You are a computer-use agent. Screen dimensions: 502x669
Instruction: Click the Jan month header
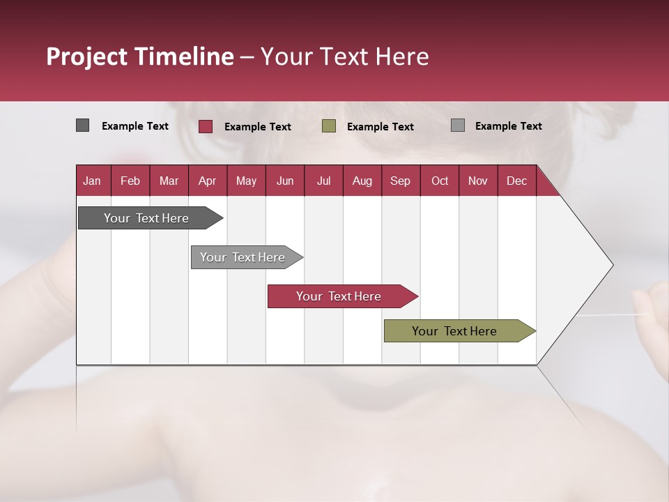tap(92, 181)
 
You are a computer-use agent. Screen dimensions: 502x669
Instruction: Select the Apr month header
tap(207, 181)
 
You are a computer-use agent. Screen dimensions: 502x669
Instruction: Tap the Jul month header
tap(323, 181)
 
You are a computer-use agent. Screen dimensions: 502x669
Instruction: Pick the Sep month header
tap(400, 181)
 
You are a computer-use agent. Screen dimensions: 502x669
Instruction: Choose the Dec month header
tap(516, 181)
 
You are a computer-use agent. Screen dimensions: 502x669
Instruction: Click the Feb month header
tap(130, 181)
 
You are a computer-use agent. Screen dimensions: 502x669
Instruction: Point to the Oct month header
tap(440, 181)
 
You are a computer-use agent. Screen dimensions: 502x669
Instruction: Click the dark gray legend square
tap(82, 125)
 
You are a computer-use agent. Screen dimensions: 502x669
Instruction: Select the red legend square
tap(206, 126)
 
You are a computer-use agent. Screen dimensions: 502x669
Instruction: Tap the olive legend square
tap(329, 126)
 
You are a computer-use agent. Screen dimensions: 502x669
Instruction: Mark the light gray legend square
tap(458, 125)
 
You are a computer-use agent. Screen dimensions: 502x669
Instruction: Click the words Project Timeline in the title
tap(139, 56)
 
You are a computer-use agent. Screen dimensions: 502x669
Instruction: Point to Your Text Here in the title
tap(344, 56)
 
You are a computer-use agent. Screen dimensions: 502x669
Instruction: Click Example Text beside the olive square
tap(380, 127)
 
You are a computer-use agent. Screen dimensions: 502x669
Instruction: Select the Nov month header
tap(478, 181)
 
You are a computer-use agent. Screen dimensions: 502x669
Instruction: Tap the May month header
tap(246, 181)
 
